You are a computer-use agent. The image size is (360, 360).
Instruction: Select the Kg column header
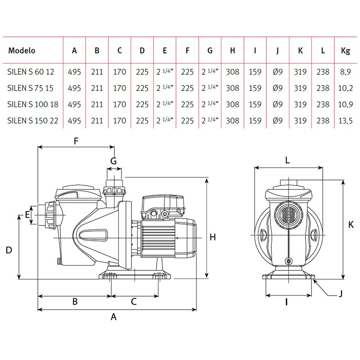click(346, 51)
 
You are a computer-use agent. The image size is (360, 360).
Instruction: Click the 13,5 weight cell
click(346, 121)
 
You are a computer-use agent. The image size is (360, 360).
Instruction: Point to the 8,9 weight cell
click(346, 72)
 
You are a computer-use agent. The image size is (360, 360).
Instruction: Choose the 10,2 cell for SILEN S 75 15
click(346, 88)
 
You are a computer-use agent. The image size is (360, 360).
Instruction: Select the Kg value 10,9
click(346, 104)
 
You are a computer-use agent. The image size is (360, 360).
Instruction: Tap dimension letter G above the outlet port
click(113, 161)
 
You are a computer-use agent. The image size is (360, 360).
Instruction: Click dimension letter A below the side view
click(114, 317)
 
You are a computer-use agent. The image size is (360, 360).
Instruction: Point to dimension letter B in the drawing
click(75, 302)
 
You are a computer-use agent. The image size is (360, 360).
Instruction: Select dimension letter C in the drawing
click(134, 302)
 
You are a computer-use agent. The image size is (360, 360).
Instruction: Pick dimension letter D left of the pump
click(9, 251)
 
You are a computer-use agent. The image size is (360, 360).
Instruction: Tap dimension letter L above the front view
click(288, 160)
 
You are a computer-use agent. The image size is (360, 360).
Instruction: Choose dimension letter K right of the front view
click(351, 224)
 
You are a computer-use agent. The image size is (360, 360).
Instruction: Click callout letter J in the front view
click(341, 294)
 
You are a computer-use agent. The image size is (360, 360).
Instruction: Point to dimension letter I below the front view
click(287, 302)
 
